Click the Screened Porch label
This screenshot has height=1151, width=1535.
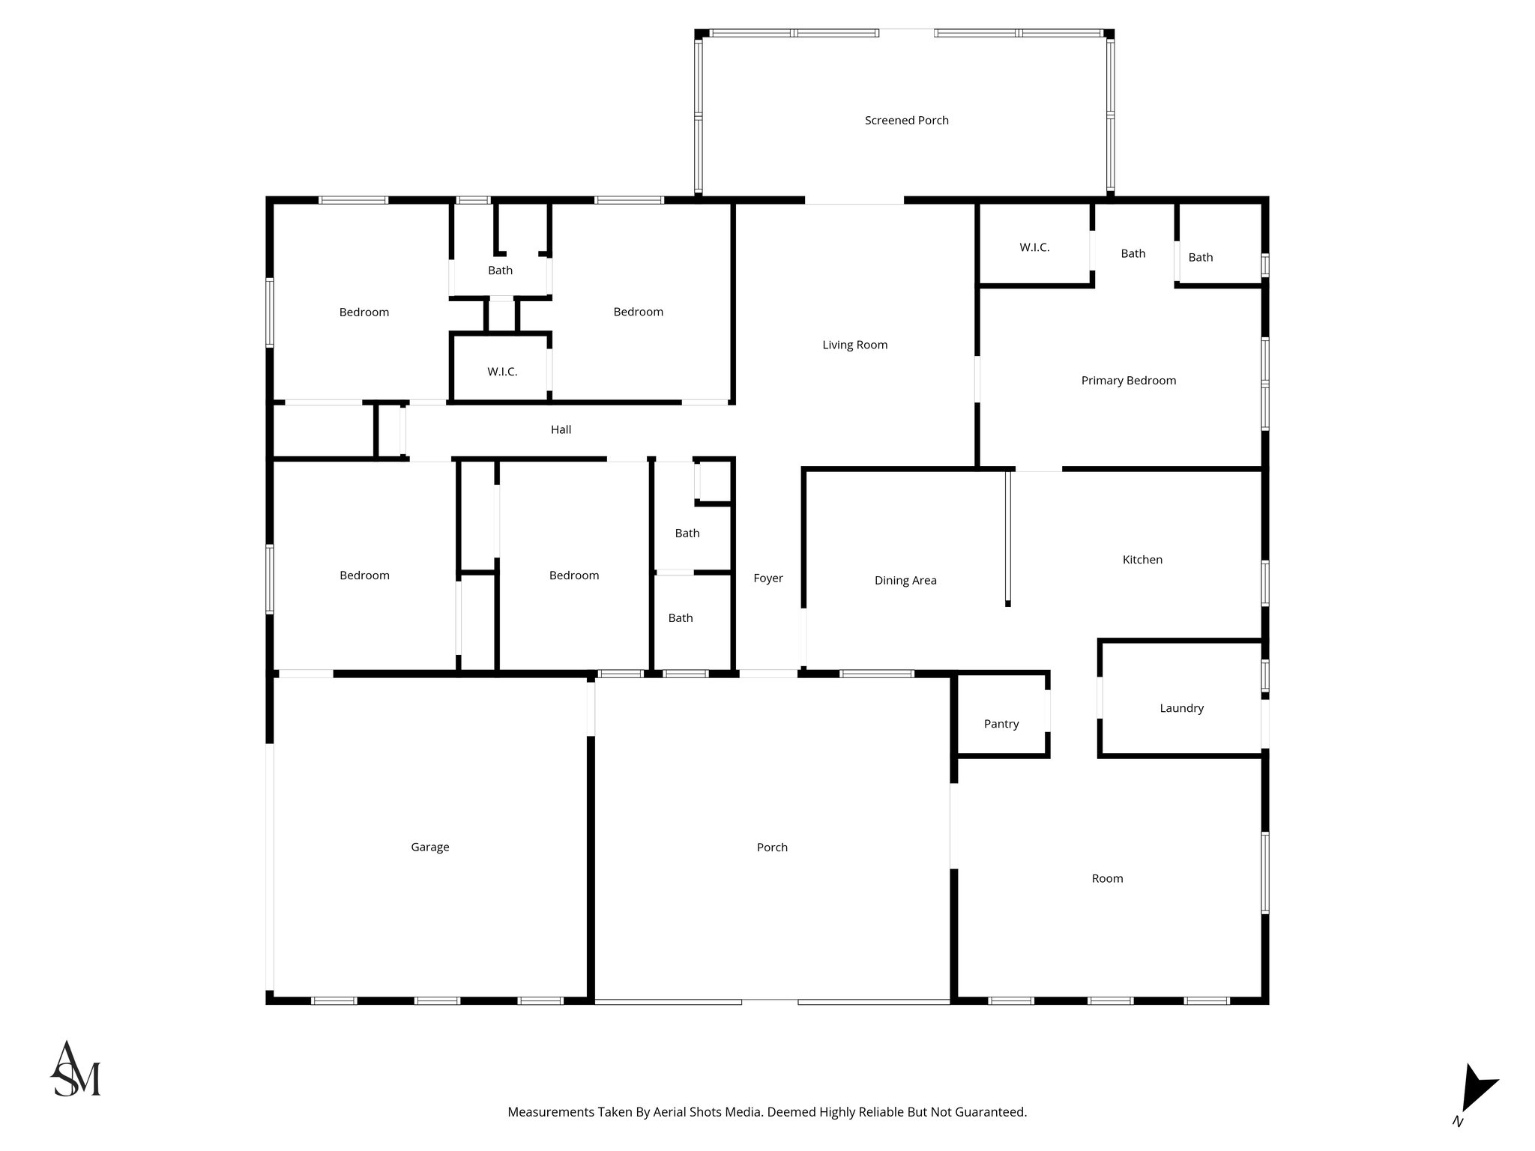[906, 120]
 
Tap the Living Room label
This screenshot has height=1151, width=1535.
[854, 345]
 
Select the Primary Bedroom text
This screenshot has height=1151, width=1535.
[1128, 381]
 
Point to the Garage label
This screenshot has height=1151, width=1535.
[429, 847]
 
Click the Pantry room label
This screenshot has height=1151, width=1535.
[1001, 724]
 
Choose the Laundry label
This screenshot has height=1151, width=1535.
[1181, 708]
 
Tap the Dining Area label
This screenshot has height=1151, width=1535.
[905, 580]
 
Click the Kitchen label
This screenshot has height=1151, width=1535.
[1142, 560]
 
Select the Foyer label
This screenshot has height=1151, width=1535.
[767, 578]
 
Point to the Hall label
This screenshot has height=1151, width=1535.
[561, 429]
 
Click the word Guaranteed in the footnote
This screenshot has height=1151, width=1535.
[989, 1112]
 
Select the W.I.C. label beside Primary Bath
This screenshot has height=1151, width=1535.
[1034, 247]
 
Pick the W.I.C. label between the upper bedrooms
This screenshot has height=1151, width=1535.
[501, 372]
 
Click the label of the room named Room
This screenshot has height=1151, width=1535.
[1107, 878]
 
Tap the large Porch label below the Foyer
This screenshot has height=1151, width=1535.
[772, 847]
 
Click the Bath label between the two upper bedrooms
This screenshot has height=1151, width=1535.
[500, 271]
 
